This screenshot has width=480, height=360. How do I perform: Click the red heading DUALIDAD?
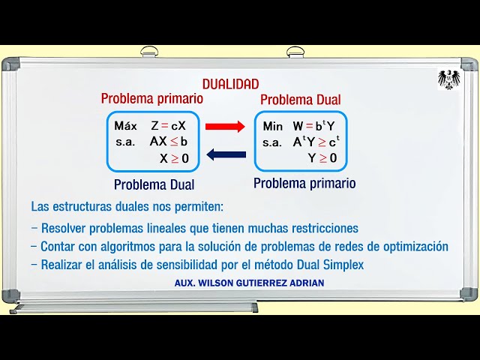pyautogui.click(x=230, y=85)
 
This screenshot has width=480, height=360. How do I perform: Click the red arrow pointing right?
pyautogui.click(x=225, y=127)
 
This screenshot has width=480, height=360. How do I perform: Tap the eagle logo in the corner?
pyautogui.click(x=448, y=79)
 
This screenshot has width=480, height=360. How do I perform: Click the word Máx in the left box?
pyautogui.click(x=126, y=126)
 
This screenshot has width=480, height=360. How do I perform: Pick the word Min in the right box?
pyautogui.click(x=273, y=126)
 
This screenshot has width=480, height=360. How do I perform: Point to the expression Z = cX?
pyautogui.click(x=168, y=126)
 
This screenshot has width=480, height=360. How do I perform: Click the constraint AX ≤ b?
pyautogui.click(x=169, y=141)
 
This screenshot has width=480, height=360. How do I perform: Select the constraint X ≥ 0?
pyautogui.click(x=174, y=157)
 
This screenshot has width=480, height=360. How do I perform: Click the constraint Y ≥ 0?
pyautogui.click(x=322, y=157)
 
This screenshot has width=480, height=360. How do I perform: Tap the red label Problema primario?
pyautogui.click(x=152, y=98)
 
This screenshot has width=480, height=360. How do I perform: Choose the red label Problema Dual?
pyautogui.click(x=300, y=100)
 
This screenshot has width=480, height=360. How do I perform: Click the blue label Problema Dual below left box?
pyautogui.click(x=154, y=184)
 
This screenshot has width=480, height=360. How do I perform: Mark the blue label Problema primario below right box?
pyautogui.click(x=304, y=182)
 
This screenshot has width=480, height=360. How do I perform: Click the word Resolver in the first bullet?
pyautogui.click(x=65, y=228)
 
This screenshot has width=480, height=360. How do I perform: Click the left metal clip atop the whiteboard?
pyautogui.click(x=149, y=52)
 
